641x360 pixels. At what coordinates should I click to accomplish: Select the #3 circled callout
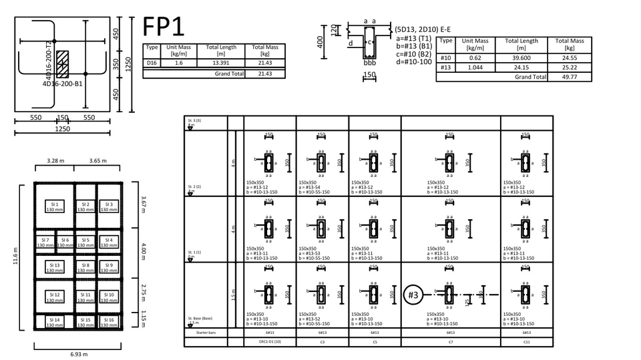(x=413, y=295)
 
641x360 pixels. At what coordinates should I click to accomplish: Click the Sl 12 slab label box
(x=55, y=295)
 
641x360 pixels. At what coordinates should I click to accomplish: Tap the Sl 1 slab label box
(x=55, y=207)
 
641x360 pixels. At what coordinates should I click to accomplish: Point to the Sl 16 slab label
(x=110, y=322)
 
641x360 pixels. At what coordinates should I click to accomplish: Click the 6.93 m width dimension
(x=79, y=354)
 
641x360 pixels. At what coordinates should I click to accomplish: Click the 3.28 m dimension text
(x=56, y=161)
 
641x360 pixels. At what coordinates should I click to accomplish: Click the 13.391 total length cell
(x=221, y=63)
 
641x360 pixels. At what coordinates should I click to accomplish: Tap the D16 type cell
(x=152, y=63)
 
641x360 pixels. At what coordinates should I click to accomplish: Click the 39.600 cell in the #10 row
(x=521, y=58)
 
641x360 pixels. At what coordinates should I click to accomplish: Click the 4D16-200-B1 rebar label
(x=62, y=85)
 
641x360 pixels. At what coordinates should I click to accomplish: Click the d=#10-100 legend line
(x=413, y=62)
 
